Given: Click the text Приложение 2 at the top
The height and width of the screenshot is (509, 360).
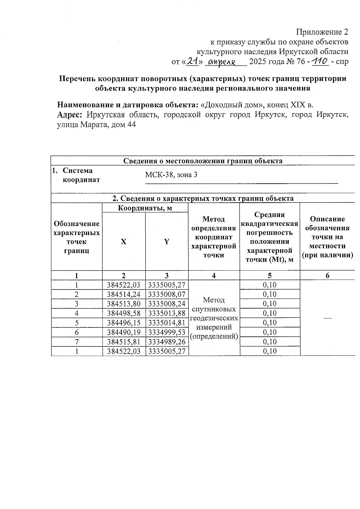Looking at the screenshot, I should point(322,32).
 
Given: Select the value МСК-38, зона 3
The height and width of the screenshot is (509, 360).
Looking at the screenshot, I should point(171,175).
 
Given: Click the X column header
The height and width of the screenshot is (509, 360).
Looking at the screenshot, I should point(124,242).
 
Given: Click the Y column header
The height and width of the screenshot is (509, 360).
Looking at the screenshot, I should point(166,242).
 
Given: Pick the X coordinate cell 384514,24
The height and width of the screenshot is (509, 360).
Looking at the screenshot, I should point(124,294).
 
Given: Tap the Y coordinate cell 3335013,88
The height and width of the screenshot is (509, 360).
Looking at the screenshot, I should point(167,313).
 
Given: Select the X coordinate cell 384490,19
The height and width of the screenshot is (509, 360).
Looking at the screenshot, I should point(124,332).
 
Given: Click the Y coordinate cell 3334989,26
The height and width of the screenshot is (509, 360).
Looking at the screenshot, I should point(167,342).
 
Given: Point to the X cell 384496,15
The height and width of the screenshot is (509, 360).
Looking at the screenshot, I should point(124,323).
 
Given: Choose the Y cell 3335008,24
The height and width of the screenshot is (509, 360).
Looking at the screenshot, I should point(167,304).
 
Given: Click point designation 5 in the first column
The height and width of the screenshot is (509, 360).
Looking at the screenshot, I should point(77,323).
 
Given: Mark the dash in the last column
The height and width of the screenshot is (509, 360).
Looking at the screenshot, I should point(328,318).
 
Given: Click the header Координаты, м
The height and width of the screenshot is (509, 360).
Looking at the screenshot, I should point(145,208).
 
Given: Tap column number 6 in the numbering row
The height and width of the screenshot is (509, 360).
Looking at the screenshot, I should point(327,276).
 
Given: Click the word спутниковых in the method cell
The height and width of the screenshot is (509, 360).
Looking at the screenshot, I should point(214,309).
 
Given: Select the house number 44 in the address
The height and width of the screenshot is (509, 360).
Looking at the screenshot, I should point(131,125).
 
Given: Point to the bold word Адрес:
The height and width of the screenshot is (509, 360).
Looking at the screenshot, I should point(70,115).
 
